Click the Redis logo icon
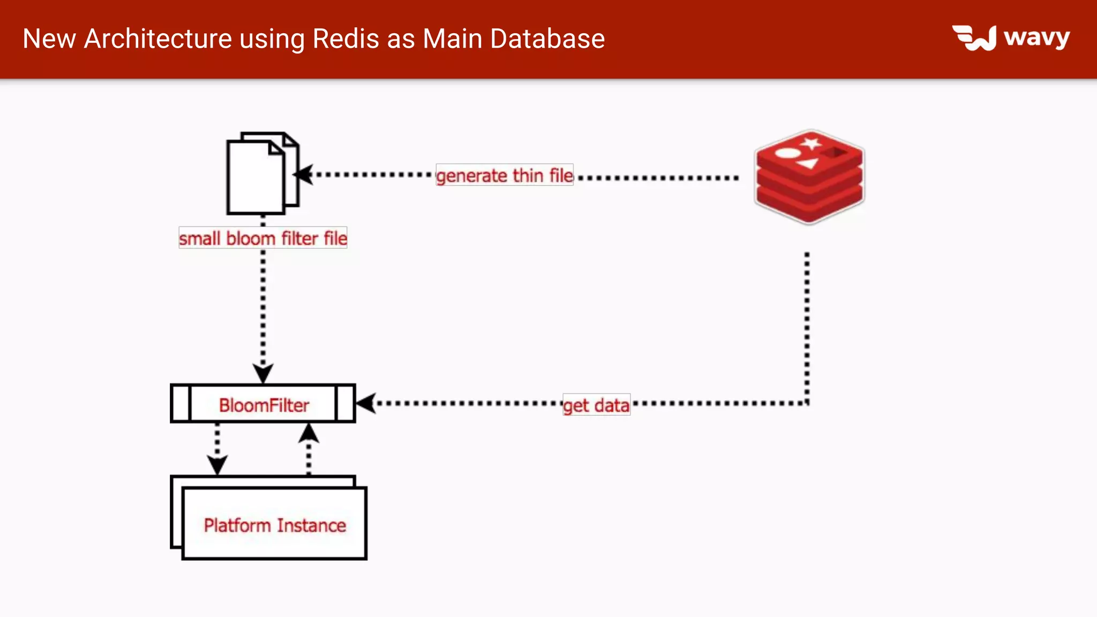(809, 177)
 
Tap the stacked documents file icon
(261, 174)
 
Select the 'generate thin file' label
(505, 175)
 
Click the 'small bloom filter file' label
(263, 238)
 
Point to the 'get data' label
(596, 405)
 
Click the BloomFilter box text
(264, 405)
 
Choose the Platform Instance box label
(275, 525)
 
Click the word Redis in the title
(345, 39)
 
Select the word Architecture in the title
(158, 39)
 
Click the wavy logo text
(1036, 37)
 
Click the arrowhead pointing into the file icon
(303, 175)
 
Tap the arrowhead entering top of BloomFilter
(263, 373)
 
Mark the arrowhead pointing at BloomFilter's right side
(365, 403)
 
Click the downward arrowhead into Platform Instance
(217, 464)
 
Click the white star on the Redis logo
(811, 143)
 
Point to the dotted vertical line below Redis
(807, 327)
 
